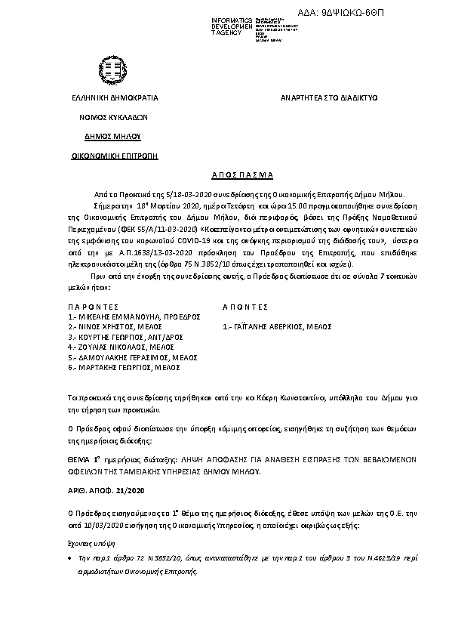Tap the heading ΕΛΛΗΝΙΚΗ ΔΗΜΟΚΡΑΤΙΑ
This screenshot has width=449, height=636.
(115, 98)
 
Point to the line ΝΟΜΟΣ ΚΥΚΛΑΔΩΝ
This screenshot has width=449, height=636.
(115, 118)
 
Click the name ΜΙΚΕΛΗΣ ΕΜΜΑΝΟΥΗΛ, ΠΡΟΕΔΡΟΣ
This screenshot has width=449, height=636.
(133, 318)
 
